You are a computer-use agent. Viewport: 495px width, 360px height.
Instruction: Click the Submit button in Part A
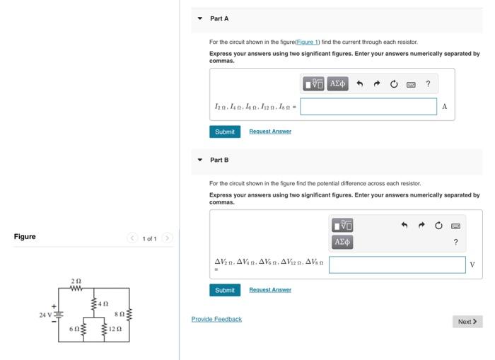(x=225, y=132)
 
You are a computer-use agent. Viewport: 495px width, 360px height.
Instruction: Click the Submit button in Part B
(x=225, y=290)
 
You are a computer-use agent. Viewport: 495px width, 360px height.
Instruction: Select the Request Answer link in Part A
(x=270, y=132)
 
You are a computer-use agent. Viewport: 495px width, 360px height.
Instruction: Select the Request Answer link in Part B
(x=270, y=290)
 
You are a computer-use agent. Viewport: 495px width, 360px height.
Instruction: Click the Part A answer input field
(x=368, y=107)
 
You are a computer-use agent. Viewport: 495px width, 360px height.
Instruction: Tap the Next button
(x=467, y=322)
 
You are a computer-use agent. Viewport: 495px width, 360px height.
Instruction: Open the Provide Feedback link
(x=216, y=319)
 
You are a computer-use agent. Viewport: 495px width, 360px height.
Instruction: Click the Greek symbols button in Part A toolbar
(x=338, y=84)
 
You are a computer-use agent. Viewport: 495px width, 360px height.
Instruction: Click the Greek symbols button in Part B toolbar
(x=342, y=242)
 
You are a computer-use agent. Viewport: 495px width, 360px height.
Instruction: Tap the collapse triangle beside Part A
(x=199, y=18)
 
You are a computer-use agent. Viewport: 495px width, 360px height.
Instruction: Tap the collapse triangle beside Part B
(x=199, y=161)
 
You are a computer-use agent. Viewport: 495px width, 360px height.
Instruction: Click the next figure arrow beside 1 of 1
(x=168, y=238)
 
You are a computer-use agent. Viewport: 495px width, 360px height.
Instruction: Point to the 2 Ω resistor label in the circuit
(x=76, y=281)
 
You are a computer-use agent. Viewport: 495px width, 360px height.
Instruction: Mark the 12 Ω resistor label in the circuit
(x=116, y=330)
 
